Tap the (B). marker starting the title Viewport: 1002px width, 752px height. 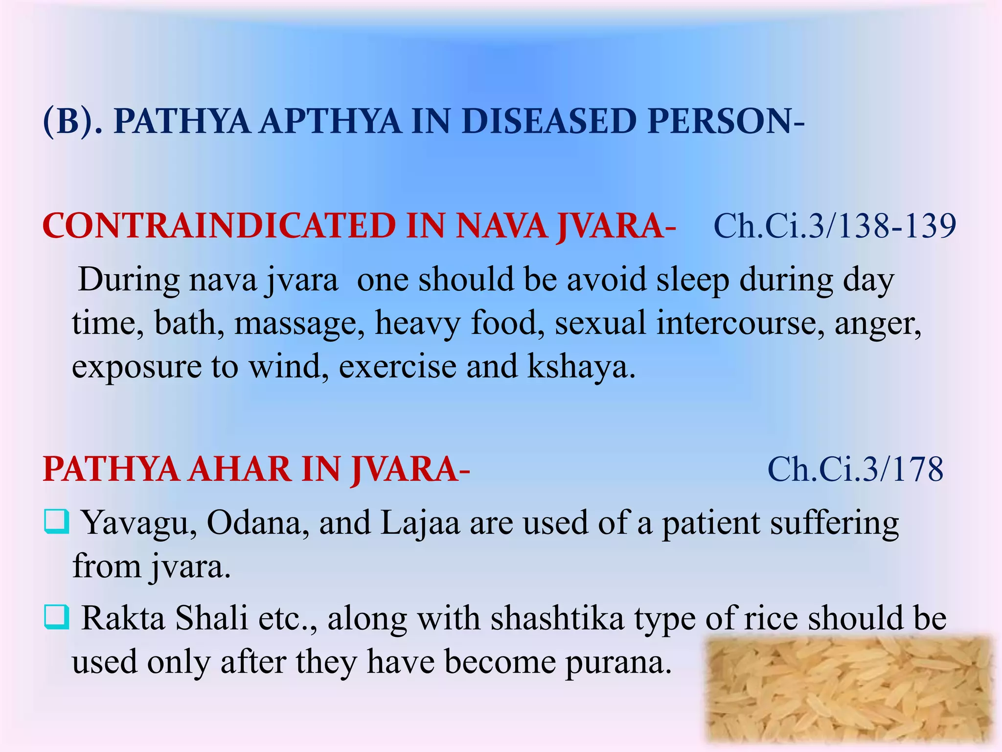pos(73,121)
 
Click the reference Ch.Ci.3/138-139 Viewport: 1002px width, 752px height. pos(835,226)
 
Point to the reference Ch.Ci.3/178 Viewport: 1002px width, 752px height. pos(855,469)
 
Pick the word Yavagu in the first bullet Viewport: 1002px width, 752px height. pos(139,523)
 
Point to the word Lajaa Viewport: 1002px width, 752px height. pos(420,523)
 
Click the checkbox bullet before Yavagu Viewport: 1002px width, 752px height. pos(56,521)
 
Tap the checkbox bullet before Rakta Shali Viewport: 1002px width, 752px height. pos(56,617)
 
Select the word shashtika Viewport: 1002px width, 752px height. pos(557,618)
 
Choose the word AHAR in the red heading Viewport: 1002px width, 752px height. pos(240,469)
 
